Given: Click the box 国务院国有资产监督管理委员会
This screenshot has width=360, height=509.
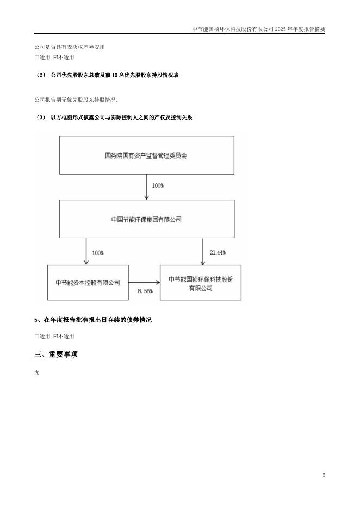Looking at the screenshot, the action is click(x=147, y=155).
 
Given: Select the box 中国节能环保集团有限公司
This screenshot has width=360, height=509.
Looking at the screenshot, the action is click(x=147, y=219).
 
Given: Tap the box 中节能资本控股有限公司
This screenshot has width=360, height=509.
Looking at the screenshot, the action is click(x=88, y=282).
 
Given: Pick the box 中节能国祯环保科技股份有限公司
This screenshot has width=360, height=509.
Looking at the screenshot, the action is click(x=201, y=282).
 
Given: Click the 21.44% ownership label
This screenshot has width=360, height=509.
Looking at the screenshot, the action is click(x=218, y=252).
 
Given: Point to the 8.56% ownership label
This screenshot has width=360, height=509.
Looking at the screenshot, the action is click(x=145, y=291).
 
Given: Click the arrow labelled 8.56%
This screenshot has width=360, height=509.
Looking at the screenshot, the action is click(x=144, y=283).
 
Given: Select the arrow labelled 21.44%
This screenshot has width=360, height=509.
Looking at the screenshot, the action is click(x=203, y=252).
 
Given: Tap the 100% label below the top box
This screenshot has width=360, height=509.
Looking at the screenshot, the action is click(x=158, y=185).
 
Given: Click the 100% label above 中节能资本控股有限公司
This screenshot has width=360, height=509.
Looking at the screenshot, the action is click(x=98, y=252).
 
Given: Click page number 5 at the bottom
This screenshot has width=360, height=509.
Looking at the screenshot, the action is click(x=324, y=475).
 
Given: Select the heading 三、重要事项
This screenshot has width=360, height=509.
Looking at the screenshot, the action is click(x=56, y=354).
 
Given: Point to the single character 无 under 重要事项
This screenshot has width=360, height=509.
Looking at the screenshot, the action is click(x=36, y=373).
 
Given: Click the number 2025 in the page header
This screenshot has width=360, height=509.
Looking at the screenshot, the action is click(x=281, y=29).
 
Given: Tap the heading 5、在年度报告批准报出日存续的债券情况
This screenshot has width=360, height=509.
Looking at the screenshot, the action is click(x=93, y=320).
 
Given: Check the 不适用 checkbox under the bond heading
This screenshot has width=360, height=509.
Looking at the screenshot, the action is click(x=55, y=336).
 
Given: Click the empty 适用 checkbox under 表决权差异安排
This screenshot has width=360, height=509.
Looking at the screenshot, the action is click(x=36, y=58).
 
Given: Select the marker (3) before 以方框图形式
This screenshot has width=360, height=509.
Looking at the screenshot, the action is click(x=41, y=117).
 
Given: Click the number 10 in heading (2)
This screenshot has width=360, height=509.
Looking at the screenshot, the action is click(x=115, y=75).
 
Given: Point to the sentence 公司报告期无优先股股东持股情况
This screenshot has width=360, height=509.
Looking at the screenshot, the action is click(x=76, y=100).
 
